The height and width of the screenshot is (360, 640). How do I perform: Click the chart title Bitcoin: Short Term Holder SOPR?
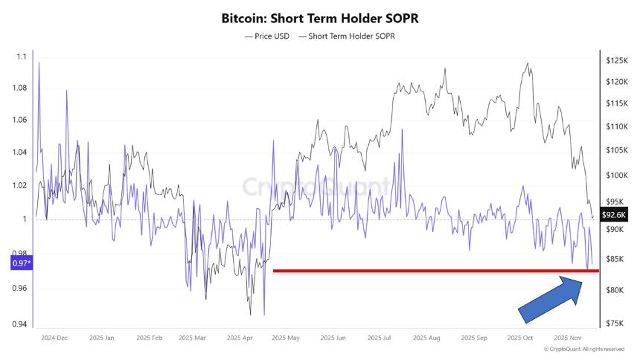[320, 18]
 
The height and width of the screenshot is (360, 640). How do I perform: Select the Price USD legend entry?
[267, 36]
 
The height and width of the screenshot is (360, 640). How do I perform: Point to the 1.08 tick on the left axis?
[20, 88]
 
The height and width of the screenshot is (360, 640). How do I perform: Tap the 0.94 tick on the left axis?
[20, 324]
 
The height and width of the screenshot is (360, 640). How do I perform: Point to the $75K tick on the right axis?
[614, 323]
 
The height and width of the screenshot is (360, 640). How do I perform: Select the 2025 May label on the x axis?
[286, 337]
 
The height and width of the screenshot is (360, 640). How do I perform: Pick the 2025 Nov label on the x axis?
[567, 337]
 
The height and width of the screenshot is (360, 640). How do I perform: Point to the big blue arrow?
[549, 299]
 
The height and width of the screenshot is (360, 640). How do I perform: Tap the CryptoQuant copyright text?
[585, 349]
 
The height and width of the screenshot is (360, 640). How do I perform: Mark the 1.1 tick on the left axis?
[22, 57]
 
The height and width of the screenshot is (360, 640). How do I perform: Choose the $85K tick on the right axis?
[614, 259]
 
